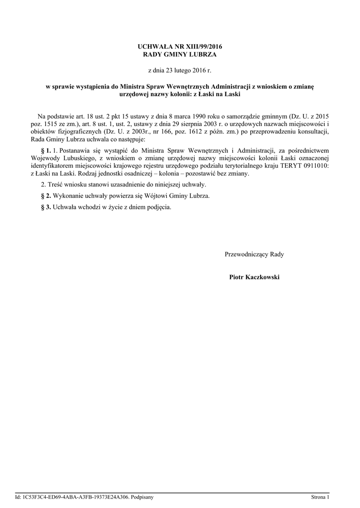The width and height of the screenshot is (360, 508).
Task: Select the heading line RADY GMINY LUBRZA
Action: (x=180, y=54)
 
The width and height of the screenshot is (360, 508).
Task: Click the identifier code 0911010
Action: (x=317, y=166)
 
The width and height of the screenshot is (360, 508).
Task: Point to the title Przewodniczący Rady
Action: (x=254, y=254)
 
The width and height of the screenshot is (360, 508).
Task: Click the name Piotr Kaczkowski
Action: (x=254, y=277)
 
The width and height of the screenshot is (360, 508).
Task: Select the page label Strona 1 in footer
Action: (x=320, y=497)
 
